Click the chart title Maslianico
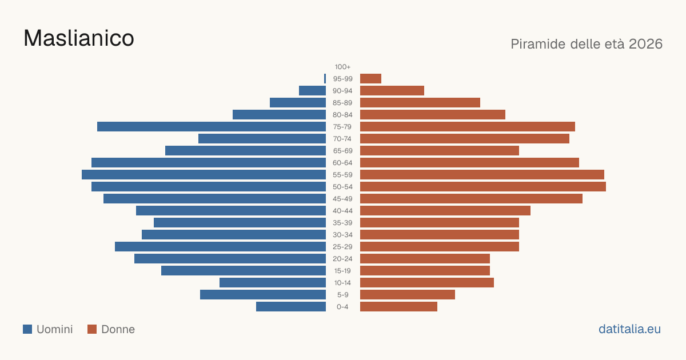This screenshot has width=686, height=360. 79,38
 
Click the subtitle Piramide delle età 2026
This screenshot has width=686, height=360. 587,44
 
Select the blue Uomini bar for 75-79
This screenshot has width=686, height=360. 212,127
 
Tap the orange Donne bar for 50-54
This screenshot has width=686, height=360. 483,187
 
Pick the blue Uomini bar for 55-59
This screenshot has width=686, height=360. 204,175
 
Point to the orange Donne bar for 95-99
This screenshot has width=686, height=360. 370,79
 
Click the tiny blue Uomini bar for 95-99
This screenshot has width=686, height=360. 325,79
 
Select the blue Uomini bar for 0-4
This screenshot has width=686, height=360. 291,307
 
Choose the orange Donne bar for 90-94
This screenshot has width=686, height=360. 392,91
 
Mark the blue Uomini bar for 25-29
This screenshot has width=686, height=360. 220,247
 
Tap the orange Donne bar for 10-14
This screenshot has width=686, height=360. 427,282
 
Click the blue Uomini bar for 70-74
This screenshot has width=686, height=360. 262,139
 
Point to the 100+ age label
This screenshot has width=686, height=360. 342,67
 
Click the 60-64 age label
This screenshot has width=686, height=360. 342,163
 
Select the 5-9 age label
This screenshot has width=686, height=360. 342,295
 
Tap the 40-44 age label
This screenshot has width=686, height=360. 342,211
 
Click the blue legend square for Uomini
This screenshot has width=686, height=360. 27,329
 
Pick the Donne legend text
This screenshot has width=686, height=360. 118,329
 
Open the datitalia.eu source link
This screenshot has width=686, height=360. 629,329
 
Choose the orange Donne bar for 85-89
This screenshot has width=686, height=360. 420,103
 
